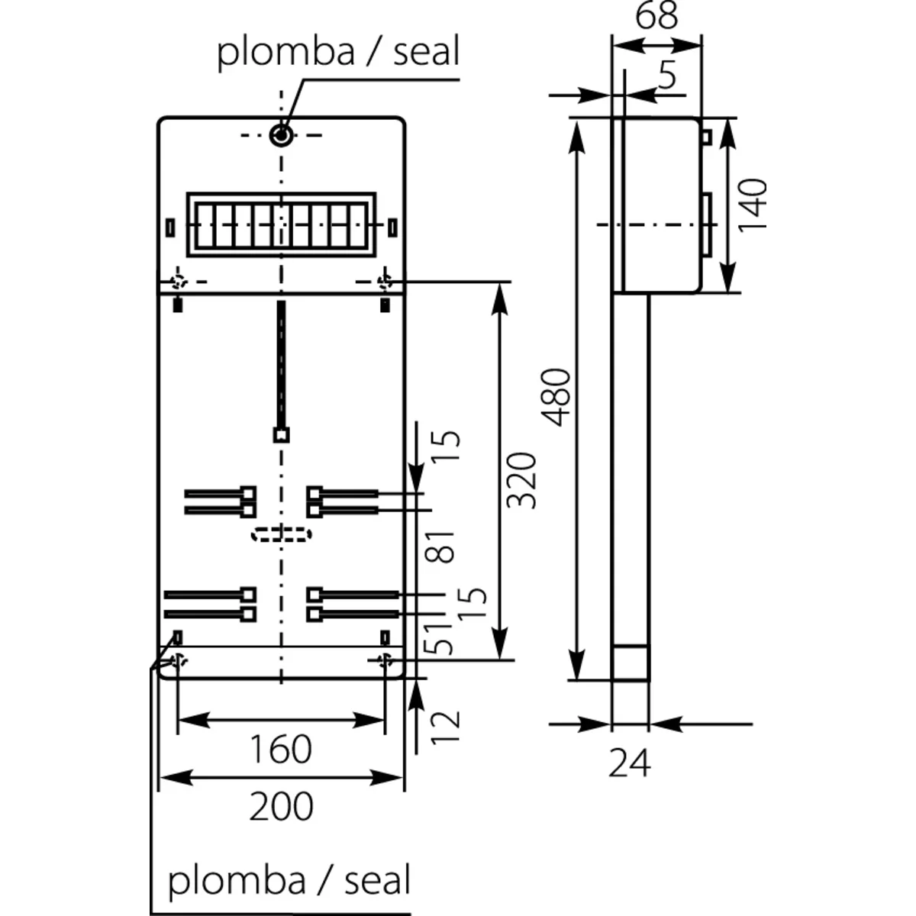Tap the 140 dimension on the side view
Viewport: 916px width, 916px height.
(753, 204)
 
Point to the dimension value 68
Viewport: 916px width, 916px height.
(656, 15)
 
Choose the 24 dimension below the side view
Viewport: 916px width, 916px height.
(630, 763)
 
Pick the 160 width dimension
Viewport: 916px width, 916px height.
(280, 749)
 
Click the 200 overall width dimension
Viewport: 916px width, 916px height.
(280, 806)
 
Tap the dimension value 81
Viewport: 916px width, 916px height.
(442, 547)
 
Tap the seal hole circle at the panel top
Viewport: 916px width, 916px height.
(281, 137)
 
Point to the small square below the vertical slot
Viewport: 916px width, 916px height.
(281, 436)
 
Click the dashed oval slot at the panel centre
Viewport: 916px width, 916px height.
(281, 534)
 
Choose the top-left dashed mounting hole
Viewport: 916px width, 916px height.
(179, 281)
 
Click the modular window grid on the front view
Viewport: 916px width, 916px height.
(281, 224)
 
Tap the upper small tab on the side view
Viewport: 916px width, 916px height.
(706, 137)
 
